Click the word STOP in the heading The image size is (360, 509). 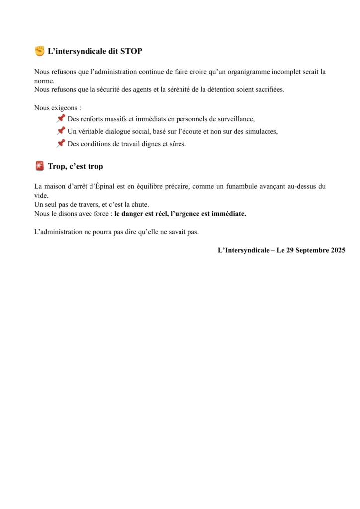click(x=131, y=51)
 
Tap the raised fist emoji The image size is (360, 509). click(x=39, y=51)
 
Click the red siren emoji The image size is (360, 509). click(x=40, y=166)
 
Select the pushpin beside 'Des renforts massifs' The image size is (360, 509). click(x=61, y=119)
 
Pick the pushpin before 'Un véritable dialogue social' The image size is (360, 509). click(x=61, y=131)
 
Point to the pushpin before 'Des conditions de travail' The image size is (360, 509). click(x=61, y=144)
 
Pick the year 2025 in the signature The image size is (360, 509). click(x=338, y=250)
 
